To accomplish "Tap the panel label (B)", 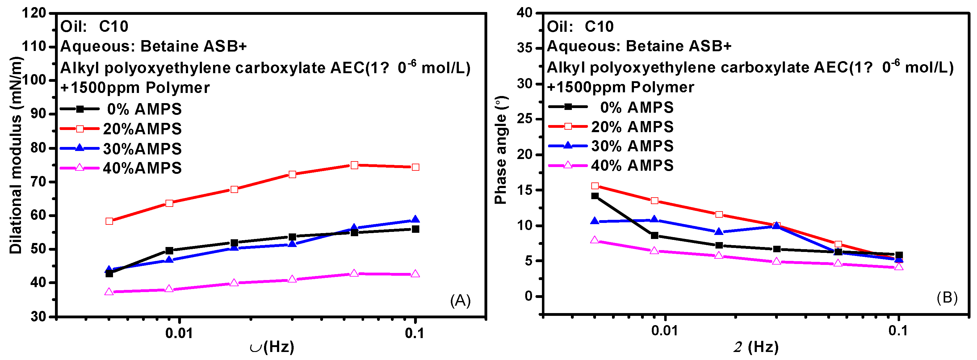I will [x=947, y=297].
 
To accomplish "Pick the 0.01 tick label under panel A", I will [x=179, y=333].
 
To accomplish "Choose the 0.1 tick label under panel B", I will [x=898, y=331].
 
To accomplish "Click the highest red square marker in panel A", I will [x=354, y=165].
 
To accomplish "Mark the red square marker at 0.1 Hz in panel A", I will [x=415, y=167].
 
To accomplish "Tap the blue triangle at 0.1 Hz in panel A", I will [x=415, y=219].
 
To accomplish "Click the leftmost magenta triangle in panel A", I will [x=109, y=292].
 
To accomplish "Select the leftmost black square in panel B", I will [x=595, y=196].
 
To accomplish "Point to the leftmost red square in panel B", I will [x=595, y=186].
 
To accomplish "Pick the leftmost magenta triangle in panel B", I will [x=595, y=240].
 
